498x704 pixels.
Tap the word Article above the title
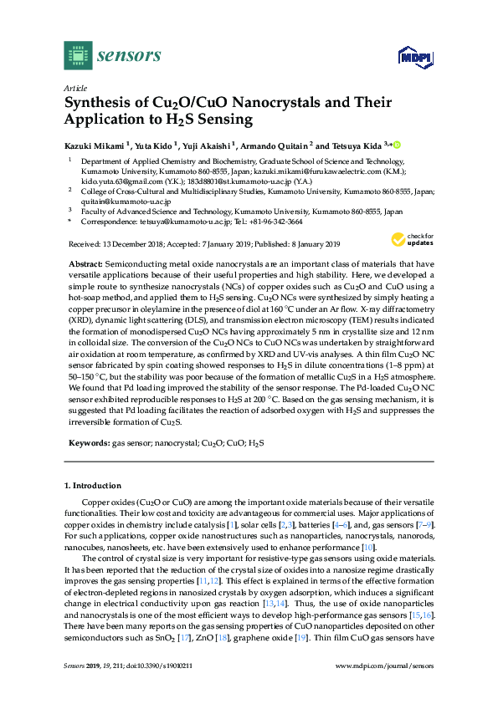74,88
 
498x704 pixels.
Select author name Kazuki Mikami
94,145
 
